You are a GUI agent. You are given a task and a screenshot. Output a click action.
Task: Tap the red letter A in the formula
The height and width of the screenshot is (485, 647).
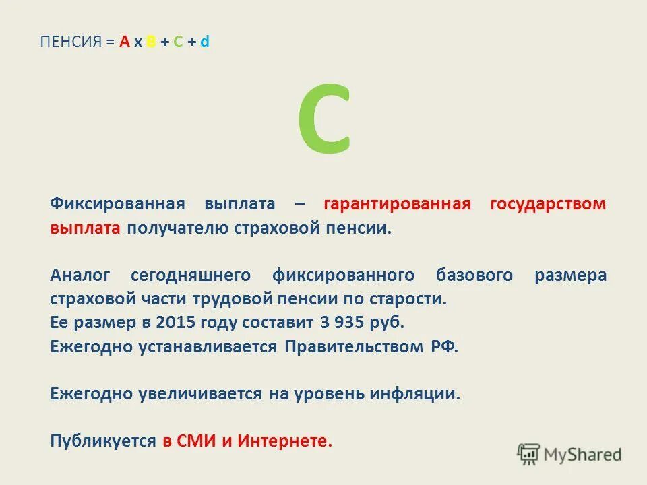click(x=124, y=42)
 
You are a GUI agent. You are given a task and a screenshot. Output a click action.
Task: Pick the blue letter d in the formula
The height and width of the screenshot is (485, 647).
click(x=205, y=42)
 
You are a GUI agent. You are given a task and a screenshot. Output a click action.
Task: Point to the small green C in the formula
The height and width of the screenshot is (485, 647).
click(x=178, y=42)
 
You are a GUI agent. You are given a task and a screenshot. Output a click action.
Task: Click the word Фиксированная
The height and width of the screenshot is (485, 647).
click(x=117, y=203)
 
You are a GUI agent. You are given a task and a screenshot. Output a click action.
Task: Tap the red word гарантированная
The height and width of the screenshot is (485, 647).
click(x=397, y=203)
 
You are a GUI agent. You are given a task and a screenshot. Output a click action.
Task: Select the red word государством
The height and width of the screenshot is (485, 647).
click(x=549, y=203)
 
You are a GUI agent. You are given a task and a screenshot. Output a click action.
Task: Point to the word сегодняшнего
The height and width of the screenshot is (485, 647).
click(x=191, y=276)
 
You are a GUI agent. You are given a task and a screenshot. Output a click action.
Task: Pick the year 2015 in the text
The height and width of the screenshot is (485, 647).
click(x=173, y=322)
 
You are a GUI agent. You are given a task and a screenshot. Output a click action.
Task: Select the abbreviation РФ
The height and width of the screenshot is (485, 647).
click(x=443, y=347)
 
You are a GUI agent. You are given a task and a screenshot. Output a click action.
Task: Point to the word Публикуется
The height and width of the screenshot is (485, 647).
click(x=102, y=441)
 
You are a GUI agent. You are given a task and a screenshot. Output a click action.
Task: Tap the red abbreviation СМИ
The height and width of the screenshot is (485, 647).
click(x=196, y=441)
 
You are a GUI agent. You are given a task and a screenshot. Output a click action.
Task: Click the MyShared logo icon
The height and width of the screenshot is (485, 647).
click(x=528, y=454)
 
